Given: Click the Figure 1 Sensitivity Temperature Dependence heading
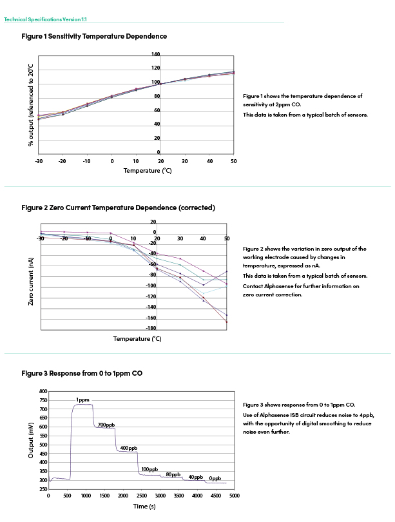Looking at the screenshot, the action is coord(94,36).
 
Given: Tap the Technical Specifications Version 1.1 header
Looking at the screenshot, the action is coord(45,19).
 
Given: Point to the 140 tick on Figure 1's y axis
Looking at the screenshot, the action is coord(156,54).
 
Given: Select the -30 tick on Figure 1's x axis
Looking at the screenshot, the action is coord(39,161).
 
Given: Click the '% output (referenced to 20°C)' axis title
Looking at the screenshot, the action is coord(31,105).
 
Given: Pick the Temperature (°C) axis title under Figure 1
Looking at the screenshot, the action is coord(148,171).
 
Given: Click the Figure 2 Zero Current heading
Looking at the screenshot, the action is coord(118,208).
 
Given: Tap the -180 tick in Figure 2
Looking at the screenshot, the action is coord(151,328).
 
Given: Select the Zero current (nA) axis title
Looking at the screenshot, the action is coord(31,282).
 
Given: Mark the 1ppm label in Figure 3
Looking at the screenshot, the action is coord(82,400).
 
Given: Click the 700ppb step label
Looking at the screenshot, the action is coord(106,425).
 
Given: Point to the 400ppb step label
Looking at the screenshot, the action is coord(129,448).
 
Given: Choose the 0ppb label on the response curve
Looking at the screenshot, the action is coord(215,478).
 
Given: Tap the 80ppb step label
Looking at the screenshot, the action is coord(173,474).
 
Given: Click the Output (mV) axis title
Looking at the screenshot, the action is coord(31,440).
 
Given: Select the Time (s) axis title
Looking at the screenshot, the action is coord(144,507).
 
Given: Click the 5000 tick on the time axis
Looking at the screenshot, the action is coord(235,496).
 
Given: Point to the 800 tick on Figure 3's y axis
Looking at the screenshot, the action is coord(43,391).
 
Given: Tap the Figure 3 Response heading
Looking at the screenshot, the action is coord(82,374).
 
